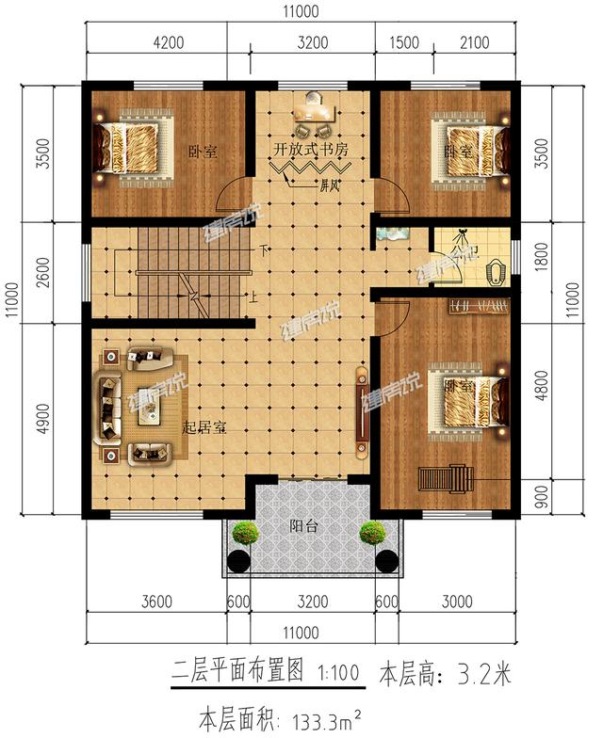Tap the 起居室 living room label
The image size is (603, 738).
pos(204,426)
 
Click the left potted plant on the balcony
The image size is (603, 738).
pos(247,533)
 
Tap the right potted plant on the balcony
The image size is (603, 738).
pos(372,533)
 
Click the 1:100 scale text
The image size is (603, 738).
pos(339,674)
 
